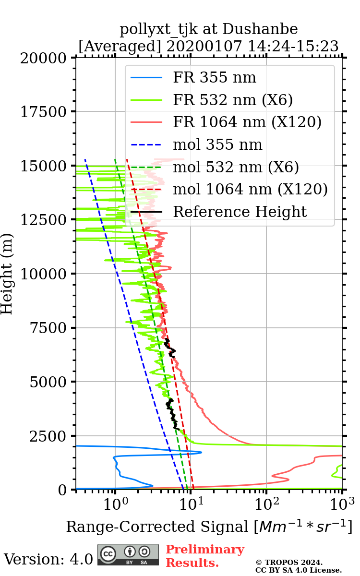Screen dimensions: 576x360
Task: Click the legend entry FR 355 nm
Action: pos(215,78)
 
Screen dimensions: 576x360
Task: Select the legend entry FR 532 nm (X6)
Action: pos(233,100)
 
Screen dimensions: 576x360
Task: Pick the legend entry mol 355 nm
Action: pos(217,145)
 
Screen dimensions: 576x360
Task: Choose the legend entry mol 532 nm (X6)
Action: pos(236,167)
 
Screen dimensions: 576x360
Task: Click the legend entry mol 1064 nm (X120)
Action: pos(250,190)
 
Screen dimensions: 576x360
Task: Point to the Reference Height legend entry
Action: pos(240,212)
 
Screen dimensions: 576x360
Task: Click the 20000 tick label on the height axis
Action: pos(44,58)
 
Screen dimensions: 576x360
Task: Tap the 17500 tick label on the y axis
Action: pos(44,112)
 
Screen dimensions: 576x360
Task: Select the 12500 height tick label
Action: pos(44,220)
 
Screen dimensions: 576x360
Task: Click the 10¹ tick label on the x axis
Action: pos(192,504)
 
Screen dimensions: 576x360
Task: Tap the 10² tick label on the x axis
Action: pos(267,504)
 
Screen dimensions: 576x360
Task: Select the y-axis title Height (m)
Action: pos(7,274)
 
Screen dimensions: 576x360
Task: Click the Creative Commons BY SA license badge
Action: pos(128,554)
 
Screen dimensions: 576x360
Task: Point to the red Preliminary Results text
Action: pos(204,556)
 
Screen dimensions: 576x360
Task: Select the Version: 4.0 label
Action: pos(48,559)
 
